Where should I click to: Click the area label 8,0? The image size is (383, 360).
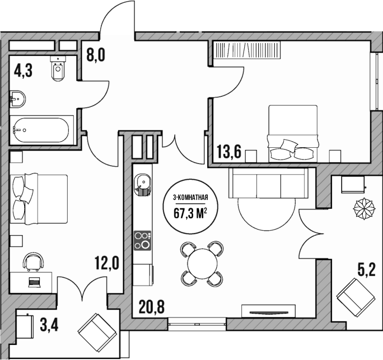(x=96, y=55)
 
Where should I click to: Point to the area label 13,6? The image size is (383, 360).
(x=229, y=152)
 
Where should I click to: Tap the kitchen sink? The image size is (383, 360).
(x=143, y=182)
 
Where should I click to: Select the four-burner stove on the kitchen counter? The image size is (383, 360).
(x=142, y=240)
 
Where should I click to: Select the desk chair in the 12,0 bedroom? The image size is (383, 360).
(x=34, y=261)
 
